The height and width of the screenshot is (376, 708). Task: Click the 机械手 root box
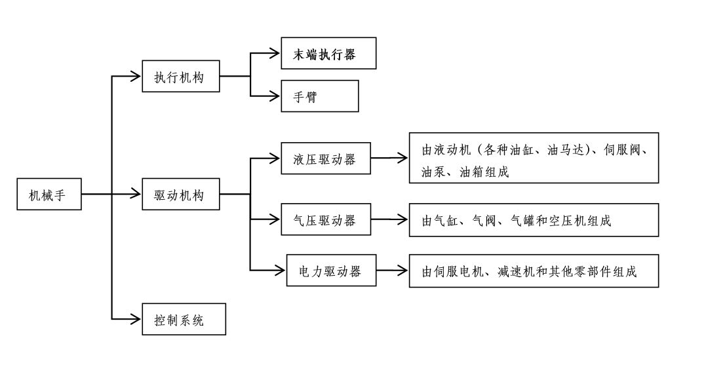click(x=49, y=195)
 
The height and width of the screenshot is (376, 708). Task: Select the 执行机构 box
click(x=180, y=77)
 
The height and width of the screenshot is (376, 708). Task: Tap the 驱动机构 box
click(x=180, y=195)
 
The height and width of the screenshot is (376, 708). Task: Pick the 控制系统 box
click(x=184, y=319)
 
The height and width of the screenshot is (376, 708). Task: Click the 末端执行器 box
click(x=328, y=54)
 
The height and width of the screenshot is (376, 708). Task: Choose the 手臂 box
click(x=319, y=96)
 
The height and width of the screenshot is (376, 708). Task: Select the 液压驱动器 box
click(x=326, y=159)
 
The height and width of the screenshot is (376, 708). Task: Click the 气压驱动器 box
click(x=326, y=220)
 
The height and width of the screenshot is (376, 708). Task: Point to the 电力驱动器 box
click(x=331, y=269)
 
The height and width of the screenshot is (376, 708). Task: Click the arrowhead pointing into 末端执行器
click(x=276, y=54)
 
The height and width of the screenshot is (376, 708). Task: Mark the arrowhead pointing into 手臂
click(x=276, y=96)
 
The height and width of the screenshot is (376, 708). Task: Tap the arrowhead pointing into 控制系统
click(x=138, y=319)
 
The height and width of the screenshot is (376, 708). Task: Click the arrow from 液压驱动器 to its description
click(x=389, y=159)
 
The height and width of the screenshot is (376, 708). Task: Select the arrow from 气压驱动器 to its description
click(x=389, y=220)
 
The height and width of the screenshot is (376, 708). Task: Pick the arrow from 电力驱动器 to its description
click(x=393, y=269)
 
